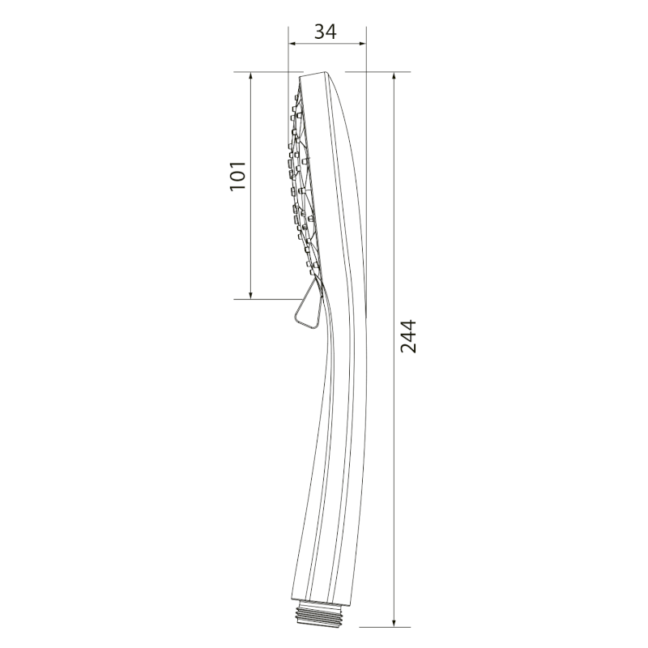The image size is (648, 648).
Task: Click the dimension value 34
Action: pyautogui.click(x=326, y=32)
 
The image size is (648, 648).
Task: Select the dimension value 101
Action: pyautogui.click(x=237, y=176)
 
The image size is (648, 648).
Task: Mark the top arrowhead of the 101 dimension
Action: pyautogui.click(x=251, y=76)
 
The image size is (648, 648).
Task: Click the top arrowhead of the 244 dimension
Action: pyautogui.click(x=394, y=76)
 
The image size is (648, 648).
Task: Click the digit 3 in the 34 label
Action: pyautogui.click(x=319, y=32)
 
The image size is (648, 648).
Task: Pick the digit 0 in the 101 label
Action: pyautogui.click(x=237, y=176)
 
